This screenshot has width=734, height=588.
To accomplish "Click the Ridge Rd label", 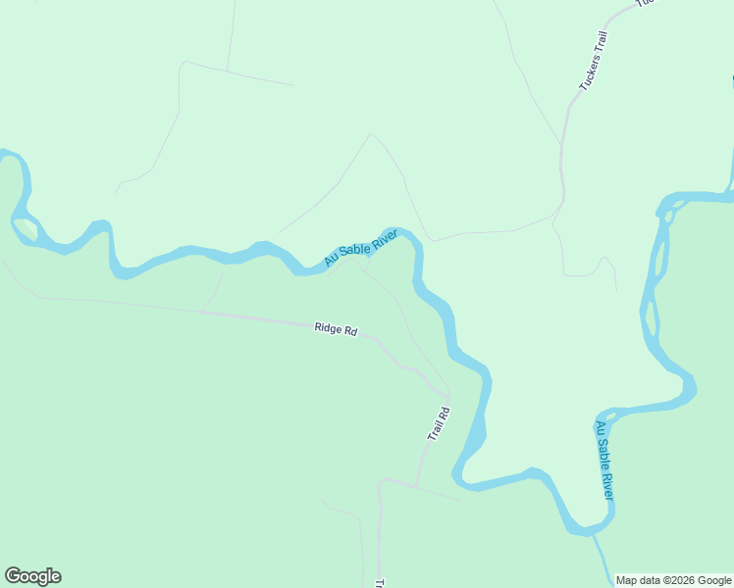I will (x=336, y=329).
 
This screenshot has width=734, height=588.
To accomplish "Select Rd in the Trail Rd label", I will (x=444, y=411).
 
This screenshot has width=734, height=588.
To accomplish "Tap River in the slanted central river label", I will (x=384, y=237).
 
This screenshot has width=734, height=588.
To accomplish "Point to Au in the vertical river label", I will (x=600, y=427).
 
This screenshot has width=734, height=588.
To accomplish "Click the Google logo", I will (x=32, y=576).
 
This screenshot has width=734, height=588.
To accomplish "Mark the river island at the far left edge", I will (x=26, y=229).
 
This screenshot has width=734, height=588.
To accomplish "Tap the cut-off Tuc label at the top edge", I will (x=645, y=4).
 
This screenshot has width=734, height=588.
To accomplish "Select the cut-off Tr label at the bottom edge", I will (x=380, y=582).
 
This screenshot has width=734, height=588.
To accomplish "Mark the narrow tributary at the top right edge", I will (x=731, y=167).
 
